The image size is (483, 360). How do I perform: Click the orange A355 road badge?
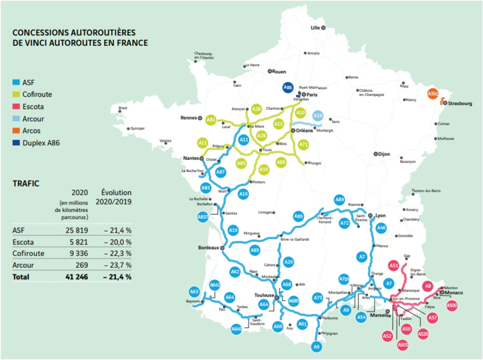click(433, 94)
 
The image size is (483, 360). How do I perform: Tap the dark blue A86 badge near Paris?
click(287, 88)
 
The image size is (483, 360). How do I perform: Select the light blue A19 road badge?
click(318, 115)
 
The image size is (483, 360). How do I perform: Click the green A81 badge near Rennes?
click(211, 119)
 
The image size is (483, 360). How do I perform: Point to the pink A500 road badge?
click(451, 306)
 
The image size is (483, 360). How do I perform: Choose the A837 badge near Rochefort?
click(203, 217)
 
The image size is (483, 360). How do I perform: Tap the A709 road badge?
click(344, 279)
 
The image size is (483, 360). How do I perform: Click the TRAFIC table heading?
click(26, 183)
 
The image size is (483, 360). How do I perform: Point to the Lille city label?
click(315, 28)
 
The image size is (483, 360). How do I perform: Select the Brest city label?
click(123, 108)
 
